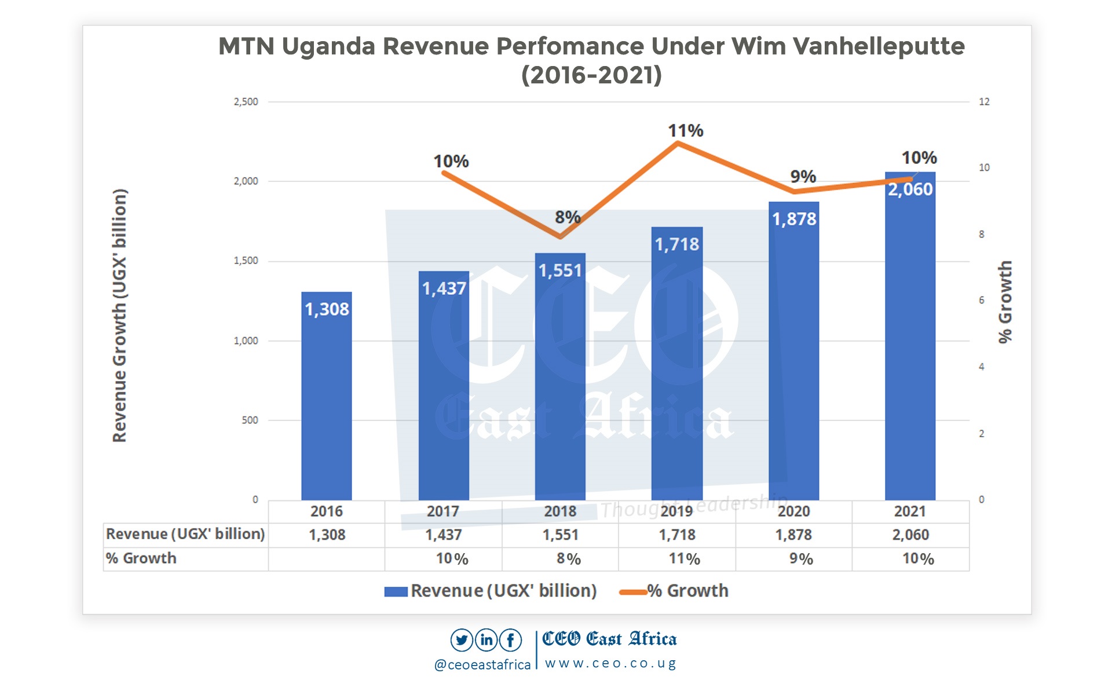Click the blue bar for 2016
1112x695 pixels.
pyautogui.click(x=327, y=400)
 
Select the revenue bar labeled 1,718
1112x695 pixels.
pyautogui.click(x=676, y=371)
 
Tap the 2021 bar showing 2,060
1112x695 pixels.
pyautogui.click(x=910, y=348)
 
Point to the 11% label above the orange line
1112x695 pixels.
pyautogui.click(x=685, y=131)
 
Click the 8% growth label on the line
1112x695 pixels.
pyautogui.click(x=568, y=217)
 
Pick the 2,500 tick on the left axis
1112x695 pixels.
pyautogui.click(x=246, y=102)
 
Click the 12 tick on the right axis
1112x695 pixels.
pyautogui.click(x=984, y=102)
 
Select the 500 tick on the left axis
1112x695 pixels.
pyautogui.click(x=250, y=420)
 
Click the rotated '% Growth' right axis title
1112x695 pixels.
pyautogui.click(x=1005, y=301)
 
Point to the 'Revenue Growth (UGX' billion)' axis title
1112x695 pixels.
pyautogui.click(x=119, y=316)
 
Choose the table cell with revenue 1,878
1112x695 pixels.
pyautogui.click(x=793, y=535)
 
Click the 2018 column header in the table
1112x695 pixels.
pyautogui.click(x=560, y=511)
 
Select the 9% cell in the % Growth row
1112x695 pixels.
pyautogui.click(x=801, y=559)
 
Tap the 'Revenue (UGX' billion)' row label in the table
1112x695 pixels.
pyautogui.click(x=185, y=534)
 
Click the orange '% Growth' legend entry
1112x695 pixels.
pyautogui.click(x=675, y=591)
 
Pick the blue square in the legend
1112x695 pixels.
pyautogui.click(x=396, y=591)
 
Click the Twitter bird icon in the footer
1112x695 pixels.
pyautogui.click(x=462, y=640)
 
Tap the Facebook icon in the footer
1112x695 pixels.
pyautogui.click(x=510, y=640)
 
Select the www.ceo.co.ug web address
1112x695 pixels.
pyautogui.click(x=610, y=664)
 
